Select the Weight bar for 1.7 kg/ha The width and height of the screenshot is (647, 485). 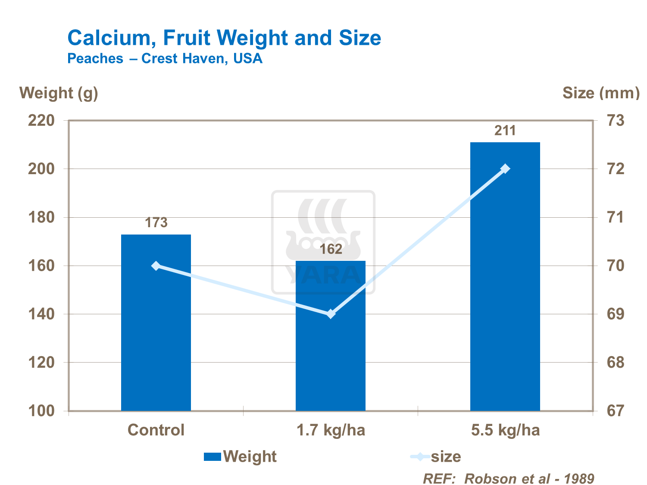(x=330, y=345)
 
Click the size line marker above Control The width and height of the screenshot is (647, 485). (x=156, y=266)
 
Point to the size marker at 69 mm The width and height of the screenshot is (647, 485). (x=331, y=314)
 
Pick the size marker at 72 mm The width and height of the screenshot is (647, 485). (x=505, y=169)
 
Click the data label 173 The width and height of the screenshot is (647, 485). (x=156, y=222)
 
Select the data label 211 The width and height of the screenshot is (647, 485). (x=505, y=130)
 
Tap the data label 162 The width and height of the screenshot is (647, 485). (x=331, y=249)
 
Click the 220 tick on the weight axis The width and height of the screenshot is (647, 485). (x=41, y=120)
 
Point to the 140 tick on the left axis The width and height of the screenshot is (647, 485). (x=41, y=314)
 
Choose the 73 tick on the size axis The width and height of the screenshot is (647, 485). (x=615, y=120)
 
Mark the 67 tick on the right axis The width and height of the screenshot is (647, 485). (x=615, y=411)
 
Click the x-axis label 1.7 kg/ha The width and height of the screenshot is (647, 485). (x=331, y=430)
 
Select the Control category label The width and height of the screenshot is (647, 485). (x=156, y=430)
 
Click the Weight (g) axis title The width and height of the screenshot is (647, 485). (x=59, y=93)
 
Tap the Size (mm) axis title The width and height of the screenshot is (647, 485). (x=601, y=93)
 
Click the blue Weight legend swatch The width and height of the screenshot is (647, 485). (x=213, y=457)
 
